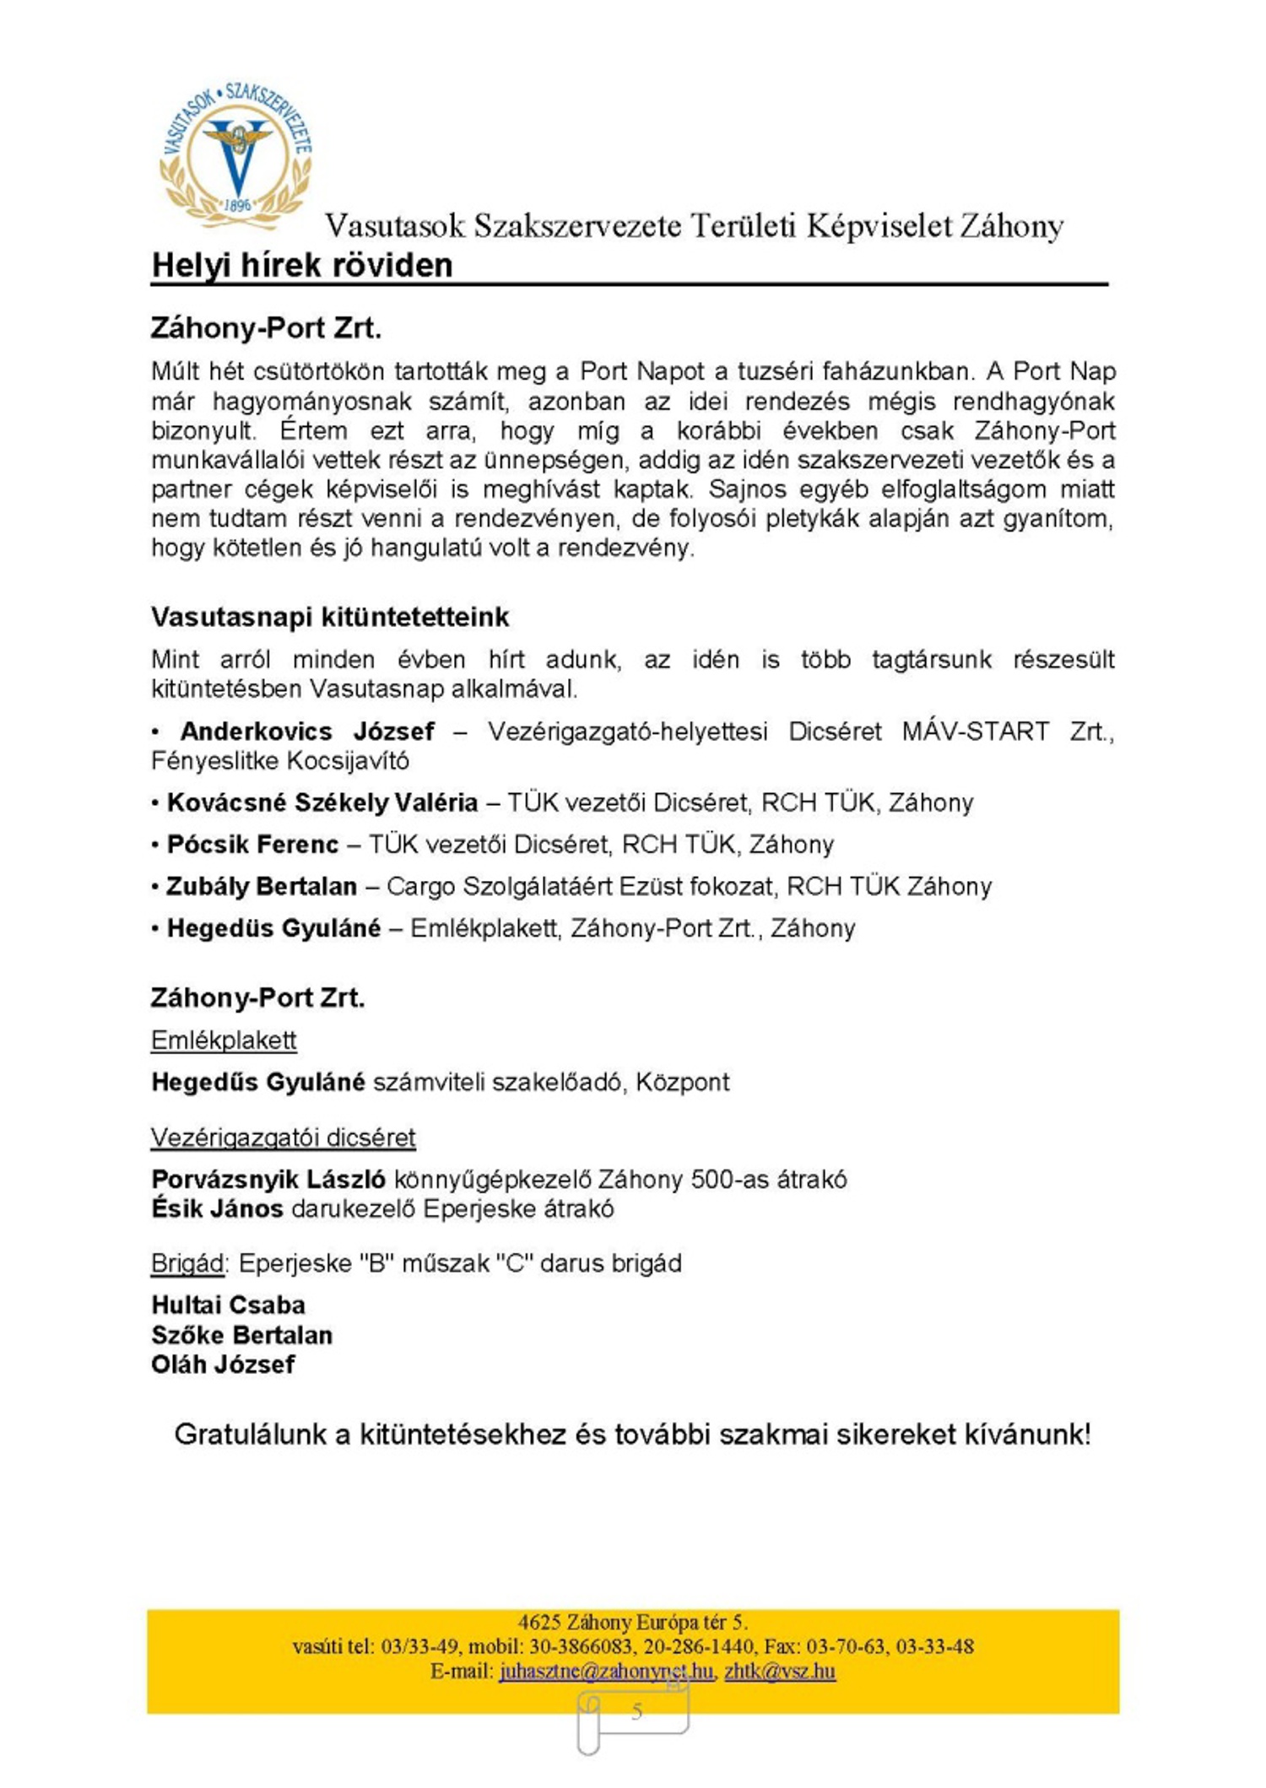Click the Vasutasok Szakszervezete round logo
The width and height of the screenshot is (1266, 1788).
[236, 157]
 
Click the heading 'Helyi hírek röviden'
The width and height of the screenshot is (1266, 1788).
[302, 265]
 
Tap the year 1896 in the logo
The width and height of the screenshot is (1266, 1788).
[238, 205]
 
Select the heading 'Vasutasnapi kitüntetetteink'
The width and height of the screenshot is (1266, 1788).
[330, 617]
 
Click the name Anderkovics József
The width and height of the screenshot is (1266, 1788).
[307, 731]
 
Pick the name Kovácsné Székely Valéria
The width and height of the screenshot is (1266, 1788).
[322, 802]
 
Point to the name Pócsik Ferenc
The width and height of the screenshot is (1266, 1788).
[253, 844]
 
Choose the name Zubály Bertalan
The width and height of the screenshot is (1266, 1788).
[262, 886]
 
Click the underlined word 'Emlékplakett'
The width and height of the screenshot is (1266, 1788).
[224, 1040]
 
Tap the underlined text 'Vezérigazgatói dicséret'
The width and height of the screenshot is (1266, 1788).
[284, 1137]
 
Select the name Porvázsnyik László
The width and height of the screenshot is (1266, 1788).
[268, 1179]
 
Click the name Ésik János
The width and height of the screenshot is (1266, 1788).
[217, 1208]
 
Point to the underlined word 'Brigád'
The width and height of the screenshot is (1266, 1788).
[187, 1263]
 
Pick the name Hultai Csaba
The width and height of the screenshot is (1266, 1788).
[228, 1305]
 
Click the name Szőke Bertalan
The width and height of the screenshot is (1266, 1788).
[241, 1335]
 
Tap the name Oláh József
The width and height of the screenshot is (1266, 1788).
[223, 1364]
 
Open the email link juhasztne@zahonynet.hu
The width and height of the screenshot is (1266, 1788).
[606, 1671]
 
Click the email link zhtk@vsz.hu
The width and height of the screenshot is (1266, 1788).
[780, 1671]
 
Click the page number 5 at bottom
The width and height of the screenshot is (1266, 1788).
[637, 1711]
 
